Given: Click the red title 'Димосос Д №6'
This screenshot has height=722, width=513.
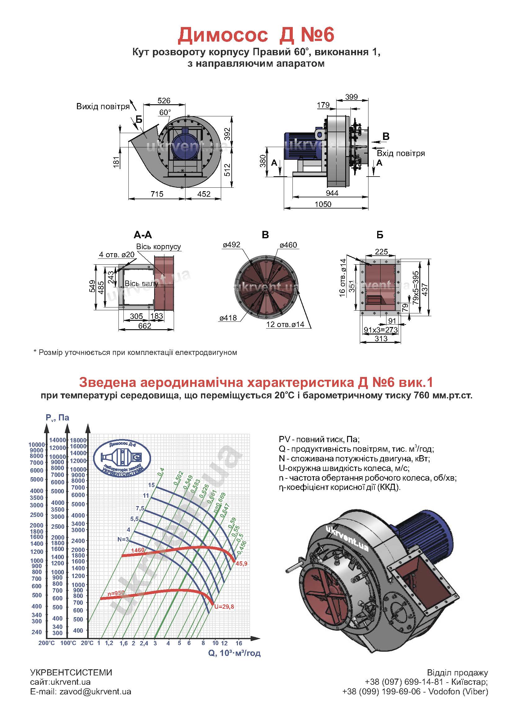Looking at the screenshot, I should (256, 35).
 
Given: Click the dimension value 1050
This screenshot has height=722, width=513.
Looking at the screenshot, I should (323, 204).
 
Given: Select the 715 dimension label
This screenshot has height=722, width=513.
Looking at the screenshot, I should (157, 194).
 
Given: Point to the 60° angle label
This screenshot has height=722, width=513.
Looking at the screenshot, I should (165, 113).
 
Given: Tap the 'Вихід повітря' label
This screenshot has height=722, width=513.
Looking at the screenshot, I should (103, 106).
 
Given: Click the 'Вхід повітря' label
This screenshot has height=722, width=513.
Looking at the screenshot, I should (400, 154).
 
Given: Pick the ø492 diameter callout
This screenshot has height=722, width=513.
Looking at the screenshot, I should (232, 244).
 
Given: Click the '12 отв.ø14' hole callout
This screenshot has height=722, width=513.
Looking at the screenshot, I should (285, 324).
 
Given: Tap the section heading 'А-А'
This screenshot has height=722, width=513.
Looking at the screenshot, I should (143, 235).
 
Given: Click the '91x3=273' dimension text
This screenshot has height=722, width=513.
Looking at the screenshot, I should (381, 330).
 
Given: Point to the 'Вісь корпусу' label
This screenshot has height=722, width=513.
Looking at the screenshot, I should (158, 246).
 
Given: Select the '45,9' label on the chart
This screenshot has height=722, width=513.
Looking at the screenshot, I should (241, 563).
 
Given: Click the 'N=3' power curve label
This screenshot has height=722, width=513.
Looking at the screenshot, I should (123, 539).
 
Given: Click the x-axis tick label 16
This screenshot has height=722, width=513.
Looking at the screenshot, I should (239, 643).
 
